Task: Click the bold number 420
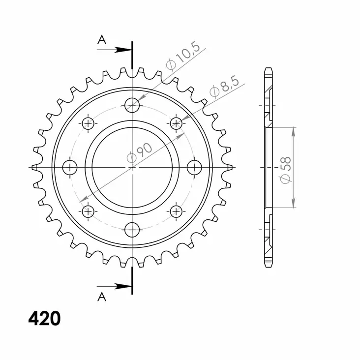44,319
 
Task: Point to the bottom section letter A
102,296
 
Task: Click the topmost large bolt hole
132,104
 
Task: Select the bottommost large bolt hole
132,229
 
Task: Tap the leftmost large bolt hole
70,167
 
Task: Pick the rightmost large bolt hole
195,167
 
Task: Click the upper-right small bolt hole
176,123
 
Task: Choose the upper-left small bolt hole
88,123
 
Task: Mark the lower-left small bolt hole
88,211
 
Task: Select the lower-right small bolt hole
176,211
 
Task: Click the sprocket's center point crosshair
132,167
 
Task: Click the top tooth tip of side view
268,69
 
